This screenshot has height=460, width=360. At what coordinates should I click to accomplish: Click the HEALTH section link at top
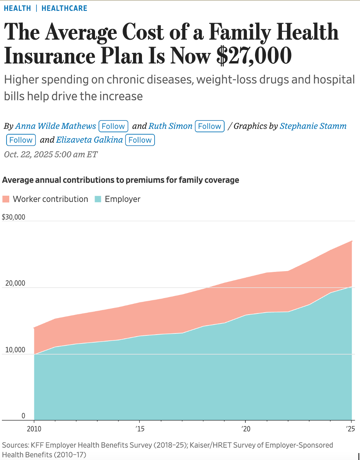pos(17,8)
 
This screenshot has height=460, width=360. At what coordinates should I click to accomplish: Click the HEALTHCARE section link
pos(64,8)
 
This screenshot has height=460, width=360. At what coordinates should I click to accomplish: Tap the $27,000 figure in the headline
pos(254,56)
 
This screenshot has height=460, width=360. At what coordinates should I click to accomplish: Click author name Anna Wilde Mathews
pos(55,126)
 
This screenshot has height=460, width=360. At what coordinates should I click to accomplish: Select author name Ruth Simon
pos(170,126)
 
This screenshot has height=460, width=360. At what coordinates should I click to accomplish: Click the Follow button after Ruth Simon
pos(210,126)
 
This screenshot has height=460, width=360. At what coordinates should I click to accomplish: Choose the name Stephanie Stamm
pos(313,126)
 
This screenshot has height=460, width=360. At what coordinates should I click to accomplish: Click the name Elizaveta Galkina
pos(90,140)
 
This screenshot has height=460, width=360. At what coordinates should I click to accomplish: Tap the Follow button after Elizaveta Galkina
pos(140,140)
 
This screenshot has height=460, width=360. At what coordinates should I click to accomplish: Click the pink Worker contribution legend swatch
pos(6,199)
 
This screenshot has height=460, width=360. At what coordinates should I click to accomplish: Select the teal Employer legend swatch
pos(98,199)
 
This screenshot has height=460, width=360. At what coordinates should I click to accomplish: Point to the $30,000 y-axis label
pos(13,217)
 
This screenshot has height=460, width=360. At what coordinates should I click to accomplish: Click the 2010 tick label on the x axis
pos(34,428)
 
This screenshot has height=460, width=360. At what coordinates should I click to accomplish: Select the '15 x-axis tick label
pos(139,428)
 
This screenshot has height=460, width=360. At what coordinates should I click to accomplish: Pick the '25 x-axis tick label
pos(350,428)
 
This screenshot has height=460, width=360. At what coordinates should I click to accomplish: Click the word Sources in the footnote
pos(15,445)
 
